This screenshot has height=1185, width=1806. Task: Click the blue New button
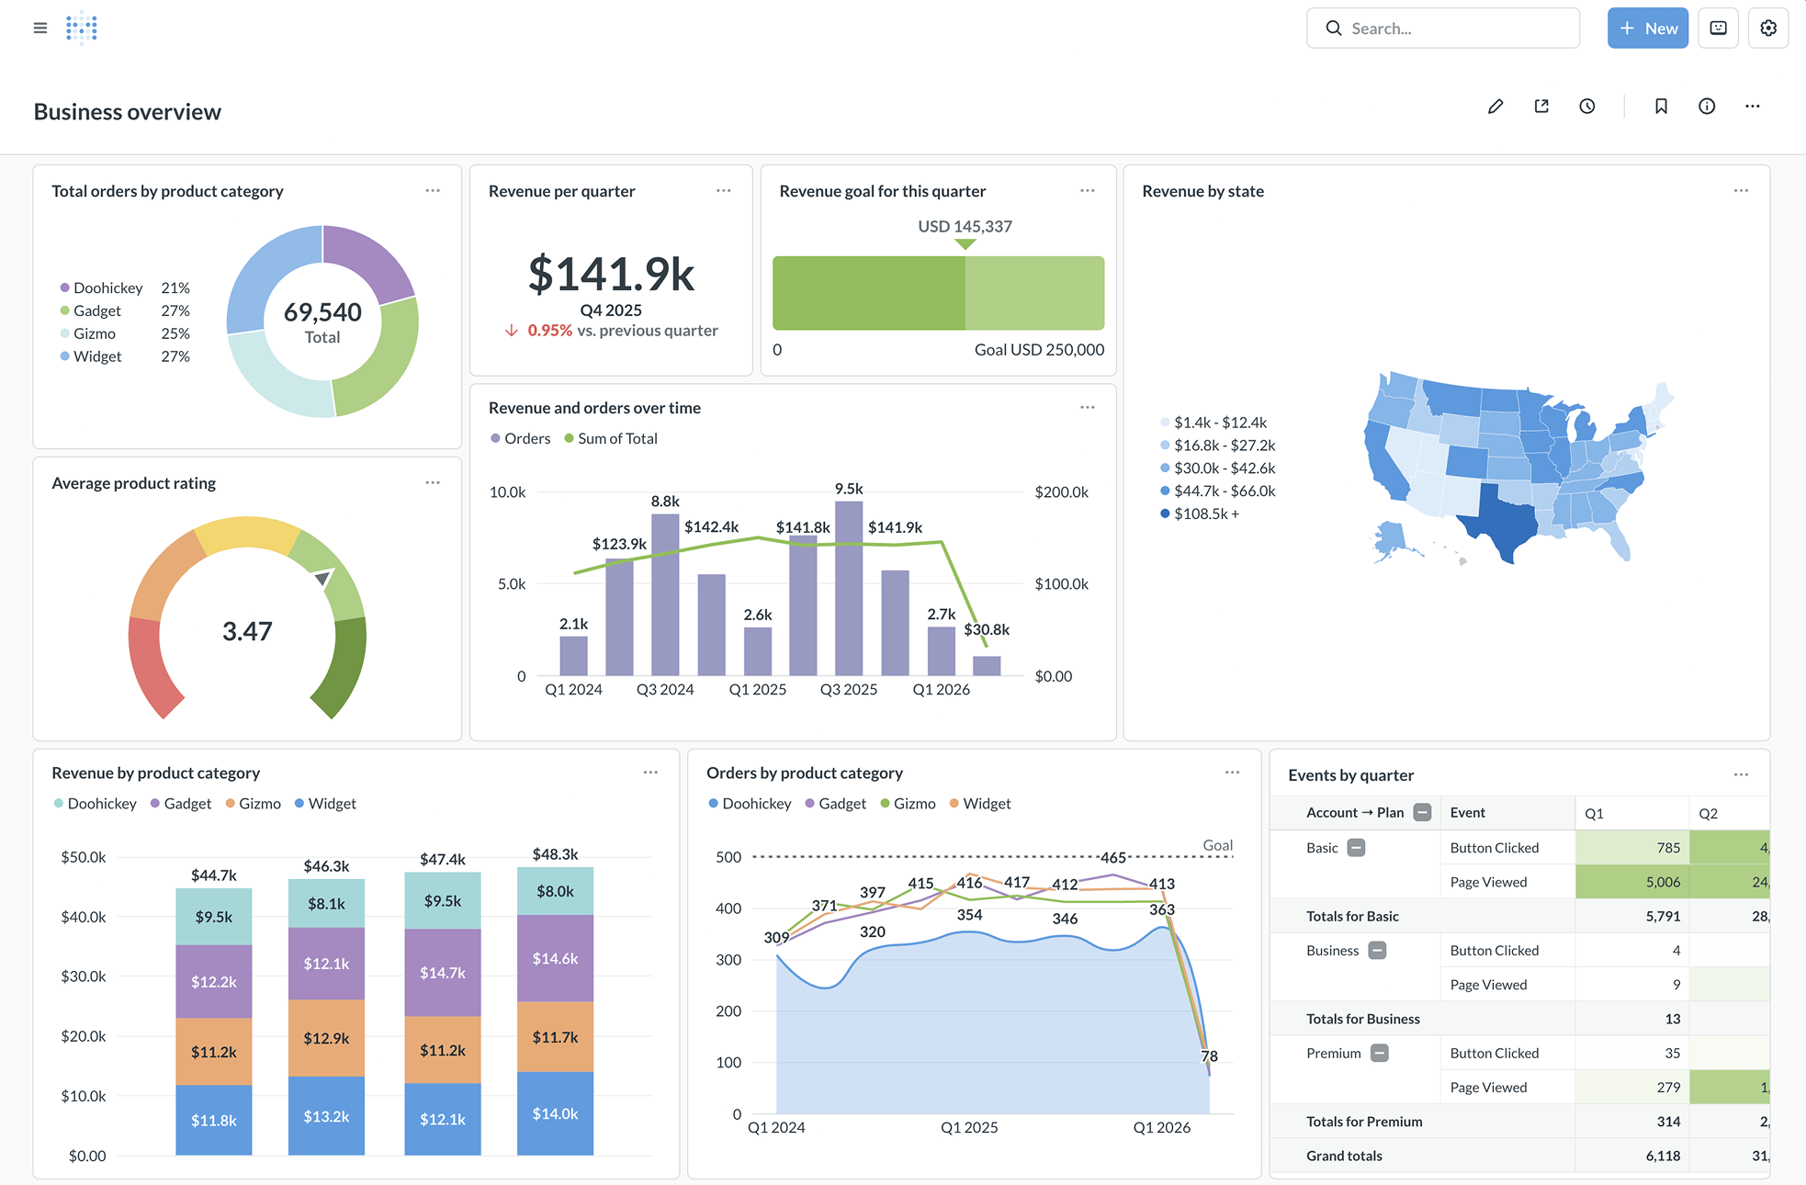[x=1647, y=28]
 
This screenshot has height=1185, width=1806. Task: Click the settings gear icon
[x=1767, y=28]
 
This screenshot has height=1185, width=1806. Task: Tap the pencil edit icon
[x=1496, y=107]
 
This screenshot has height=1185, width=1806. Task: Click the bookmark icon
[x=1661, y=107]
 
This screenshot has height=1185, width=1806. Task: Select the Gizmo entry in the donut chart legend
[x=95, y=333]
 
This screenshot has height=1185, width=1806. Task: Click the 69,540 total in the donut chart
[x=322, y=312]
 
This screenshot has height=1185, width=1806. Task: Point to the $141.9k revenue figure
[x=611, y=275]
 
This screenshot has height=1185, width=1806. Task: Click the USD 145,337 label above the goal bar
[x=965, y=226]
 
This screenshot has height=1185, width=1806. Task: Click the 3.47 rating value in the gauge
[x=247, y=631]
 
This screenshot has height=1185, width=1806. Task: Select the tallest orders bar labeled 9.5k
[x=849, y=588]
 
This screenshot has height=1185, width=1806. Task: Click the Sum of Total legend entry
[x=616, y=439]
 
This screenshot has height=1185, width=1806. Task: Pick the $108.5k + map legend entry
[x=1205, y=513]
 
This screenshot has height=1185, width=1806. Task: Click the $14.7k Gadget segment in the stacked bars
[x=443, y=972]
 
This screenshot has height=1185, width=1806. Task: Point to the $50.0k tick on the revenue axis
[x=84, y=857]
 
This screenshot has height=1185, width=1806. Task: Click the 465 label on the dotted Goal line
[x=1113, y=857]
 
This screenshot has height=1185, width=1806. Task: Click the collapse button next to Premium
[x=1379, y=1053]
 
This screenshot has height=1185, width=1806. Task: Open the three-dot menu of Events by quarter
[x=1741, y=775]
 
